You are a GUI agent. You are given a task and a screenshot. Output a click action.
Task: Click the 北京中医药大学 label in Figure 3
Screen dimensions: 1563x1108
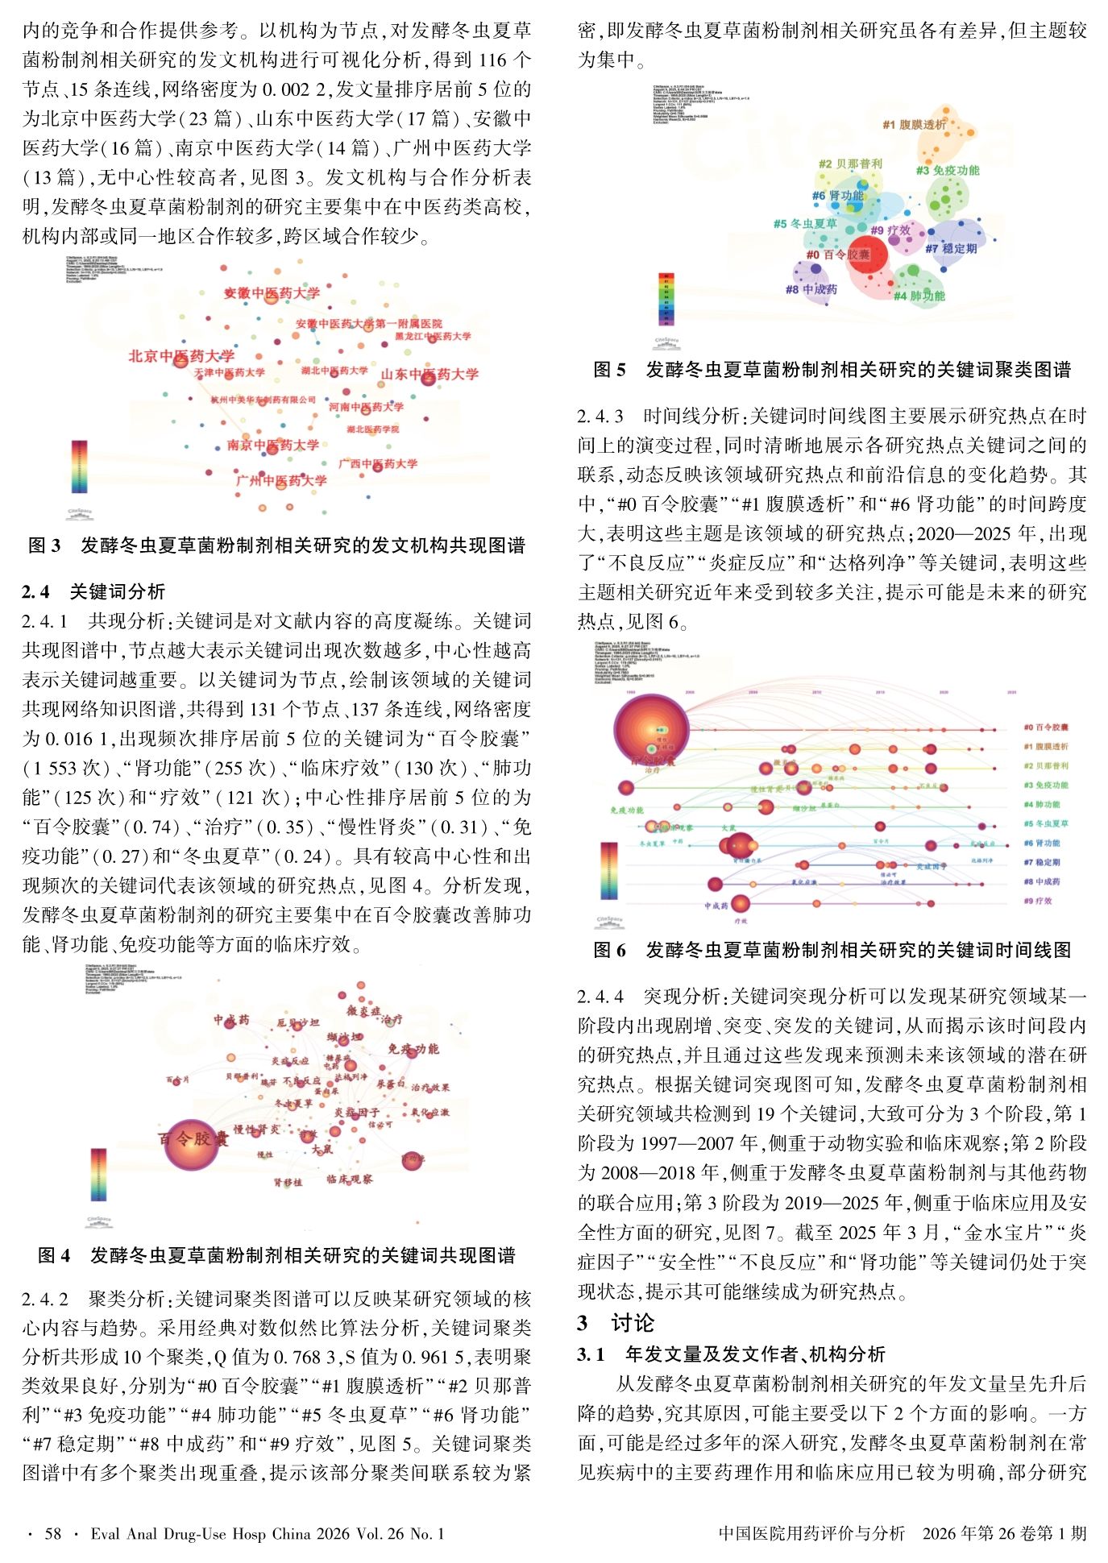coord(181,356)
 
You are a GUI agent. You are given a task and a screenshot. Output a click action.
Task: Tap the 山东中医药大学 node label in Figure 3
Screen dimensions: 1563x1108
coord(430,374)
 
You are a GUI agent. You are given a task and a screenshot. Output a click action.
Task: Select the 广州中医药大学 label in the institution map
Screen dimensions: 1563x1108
coord(281,480)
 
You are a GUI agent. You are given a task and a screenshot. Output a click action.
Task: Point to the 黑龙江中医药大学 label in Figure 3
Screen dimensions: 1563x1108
coord(433,336)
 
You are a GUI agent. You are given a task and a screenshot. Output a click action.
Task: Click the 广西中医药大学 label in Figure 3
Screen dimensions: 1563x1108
coord(378,463)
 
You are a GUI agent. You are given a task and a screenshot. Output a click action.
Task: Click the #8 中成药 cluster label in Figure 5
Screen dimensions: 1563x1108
coord(811,289)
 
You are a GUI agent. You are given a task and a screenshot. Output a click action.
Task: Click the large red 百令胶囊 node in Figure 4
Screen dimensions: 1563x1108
coord(192,1144)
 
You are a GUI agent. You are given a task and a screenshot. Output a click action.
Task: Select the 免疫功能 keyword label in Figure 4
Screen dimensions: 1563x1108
coord(413,1048)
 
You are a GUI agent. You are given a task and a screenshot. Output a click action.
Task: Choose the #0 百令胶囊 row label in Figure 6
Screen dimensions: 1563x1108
coord(1045,728)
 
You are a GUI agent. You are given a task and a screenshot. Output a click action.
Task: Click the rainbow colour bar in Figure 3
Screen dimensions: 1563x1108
coord(79,466)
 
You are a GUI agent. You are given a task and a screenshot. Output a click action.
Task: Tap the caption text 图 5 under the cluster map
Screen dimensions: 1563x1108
coord(609,370)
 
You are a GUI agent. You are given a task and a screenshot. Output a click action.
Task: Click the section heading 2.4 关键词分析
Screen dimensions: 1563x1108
coord(94,591)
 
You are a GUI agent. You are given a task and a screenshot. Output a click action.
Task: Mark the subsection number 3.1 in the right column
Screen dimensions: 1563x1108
coord(590,1354)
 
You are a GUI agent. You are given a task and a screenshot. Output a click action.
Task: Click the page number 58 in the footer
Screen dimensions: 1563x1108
coord(52,1533)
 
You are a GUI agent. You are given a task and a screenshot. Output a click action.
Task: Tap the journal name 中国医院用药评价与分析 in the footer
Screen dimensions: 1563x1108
coord(811,1533)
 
